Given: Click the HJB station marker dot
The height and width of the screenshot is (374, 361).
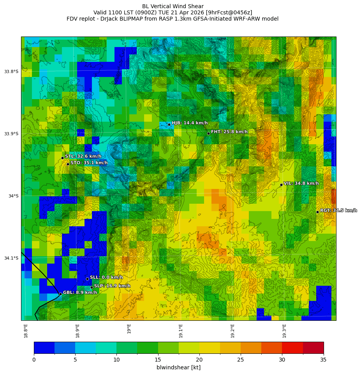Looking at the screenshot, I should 169,124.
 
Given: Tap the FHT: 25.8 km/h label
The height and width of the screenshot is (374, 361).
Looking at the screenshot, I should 229,132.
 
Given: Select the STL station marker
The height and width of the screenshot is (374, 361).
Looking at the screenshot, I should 62,158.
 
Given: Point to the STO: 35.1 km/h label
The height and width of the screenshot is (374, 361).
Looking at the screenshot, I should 89,163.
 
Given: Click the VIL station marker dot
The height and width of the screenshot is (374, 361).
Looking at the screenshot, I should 281,185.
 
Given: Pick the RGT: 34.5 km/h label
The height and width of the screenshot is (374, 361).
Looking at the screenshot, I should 338,210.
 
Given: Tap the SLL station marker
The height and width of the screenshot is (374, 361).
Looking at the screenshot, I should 87,279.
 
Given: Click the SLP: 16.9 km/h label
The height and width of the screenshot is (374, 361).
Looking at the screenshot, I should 112,286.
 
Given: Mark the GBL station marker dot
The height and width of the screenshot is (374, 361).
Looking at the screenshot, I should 60,294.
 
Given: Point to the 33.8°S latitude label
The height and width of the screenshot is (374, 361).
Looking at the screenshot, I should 11,72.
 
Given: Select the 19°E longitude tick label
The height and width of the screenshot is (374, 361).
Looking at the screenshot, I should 129,329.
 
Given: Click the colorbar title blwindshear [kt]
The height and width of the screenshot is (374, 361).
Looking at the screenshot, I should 178,367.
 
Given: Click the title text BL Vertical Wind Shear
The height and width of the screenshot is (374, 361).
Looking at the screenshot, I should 173,6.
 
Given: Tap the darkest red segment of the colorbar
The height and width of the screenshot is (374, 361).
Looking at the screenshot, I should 313,348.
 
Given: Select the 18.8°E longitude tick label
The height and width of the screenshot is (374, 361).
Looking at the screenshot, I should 26,330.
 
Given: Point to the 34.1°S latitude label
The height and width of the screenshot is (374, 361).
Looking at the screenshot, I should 11,258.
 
